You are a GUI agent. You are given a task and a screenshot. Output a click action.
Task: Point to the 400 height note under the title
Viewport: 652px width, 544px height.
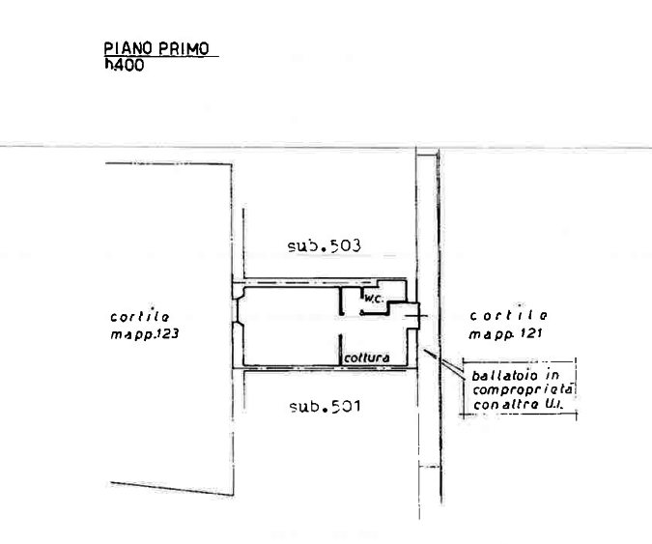[x=125, y=66]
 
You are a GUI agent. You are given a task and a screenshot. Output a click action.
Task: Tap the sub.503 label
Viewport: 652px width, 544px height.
[x=324, y=246]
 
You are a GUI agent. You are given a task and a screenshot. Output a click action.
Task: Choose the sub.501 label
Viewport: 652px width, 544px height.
[x=324, y=407]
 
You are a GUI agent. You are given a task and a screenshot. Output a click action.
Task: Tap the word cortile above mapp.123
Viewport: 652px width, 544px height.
[x=141, y=317]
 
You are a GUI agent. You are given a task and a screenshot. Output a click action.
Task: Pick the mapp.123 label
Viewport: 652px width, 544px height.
[x=144, y=333]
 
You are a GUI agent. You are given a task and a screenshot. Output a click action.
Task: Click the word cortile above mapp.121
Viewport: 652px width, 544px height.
[x=509, y=317]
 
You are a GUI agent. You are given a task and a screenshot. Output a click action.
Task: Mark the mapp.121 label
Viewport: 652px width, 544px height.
[x=505, y=333]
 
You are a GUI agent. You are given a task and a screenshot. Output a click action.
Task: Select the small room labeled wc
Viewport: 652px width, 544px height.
[x=372, y=301]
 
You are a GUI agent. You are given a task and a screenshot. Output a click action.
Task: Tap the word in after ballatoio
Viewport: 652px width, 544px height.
[x=555, y=375]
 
